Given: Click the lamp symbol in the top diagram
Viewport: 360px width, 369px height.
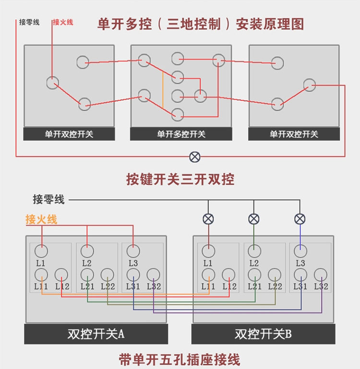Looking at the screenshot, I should pyautogui.click(x=195, y=156).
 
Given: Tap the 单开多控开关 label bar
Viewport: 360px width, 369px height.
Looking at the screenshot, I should pyautogui.click(x=181, y=134).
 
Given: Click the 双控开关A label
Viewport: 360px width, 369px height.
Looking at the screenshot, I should pyautogui.click(x=96, y=334).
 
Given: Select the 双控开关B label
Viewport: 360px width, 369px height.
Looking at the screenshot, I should pyautogui.click(x=263, y=334).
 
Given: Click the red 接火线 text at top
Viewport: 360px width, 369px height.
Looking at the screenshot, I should pyautogui.click(x=63, y=22).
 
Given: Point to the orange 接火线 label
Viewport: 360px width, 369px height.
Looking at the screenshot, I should pyautogui.click(x=41, y=220).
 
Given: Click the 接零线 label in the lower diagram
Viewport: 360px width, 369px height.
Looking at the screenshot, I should pyautogui.click(x=48, y=199).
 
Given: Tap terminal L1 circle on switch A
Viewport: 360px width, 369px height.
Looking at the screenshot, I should pyautogui.click(x=41, y=250).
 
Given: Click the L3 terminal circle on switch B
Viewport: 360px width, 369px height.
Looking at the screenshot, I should pyautogui.click(x=300, y=250).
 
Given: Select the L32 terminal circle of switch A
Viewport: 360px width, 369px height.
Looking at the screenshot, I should pyautogui.click(x=154, y=274).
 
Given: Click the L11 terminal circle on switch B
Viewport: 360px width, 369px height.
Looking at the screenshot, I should pyautogui.click(x=208, y=274).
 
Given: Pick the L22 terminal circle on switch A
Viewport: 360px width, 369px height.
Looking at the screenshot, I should pyautogui.click(x=108, y=274).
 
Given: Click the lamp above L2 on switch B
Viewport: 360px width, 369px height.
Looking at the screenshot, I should pyautogui.click(x=254, y=219).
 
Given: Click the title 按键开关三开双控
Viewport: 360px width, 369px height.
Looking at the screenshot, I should pyautogui.click(x=180, y=179).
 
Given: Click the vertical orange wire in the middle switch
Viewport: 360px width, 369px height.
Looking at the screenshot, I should pyautogui.click(x=163, y=90).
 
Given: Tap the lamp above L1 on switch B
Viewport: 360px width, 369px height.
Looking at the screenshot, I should pyautogui.click(x=208, y=219).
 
